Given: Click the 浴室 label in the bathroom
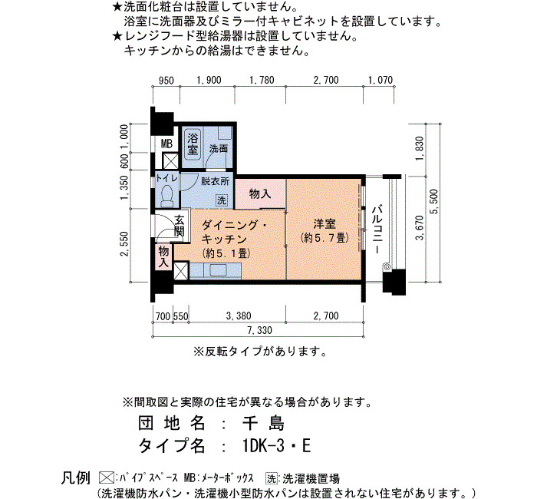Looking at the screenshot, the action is (x=193, y=144).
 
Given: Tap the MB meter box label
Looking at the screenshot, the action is (x=166, y=144).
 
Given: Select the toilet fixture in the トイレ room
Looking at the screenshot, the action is (x=166, y=197).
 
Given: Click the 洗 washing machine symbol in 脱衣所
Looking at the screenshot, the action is (x=222, y=200).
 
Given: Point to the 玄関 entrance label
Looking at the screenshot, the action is (x=179, y=226).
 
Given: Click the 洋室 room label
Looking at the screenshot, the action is (x=325, y=224).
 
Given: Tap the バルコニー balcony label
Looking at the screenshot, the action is (x=377, y=229).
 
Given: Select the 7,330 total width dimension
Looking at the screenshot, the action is (x=260, y=330).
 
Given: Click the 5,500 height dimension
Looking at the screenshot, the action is (x=435, y=201).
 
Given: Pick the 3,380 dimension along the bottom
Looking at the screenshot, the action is (x=239, y=316).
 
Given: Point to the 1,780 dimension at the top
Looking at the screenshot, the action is (x=262, y=80).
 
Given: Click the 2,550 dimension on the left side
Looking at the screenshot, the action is (x=124, y=244).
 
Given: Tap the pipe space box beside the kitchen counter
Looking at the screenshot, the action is (x=181, y=271).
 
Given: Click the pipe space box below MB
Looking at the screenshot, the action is (x=170, y=161).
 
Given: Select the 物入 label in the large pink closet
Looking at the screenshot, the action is (x=260, y=194).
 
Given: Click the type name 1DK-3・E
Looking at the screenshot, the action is (x=276, y=446).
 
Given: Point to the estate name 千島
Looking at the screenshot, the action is (x=263, y=424).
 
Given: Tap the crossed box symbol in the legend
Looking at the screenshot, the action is (x=107, y=478).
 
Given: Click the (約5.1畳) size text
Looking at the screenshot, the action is (x=226, y=253).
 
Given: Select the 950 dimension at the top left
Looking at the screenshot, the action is (x=166, y=81).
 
